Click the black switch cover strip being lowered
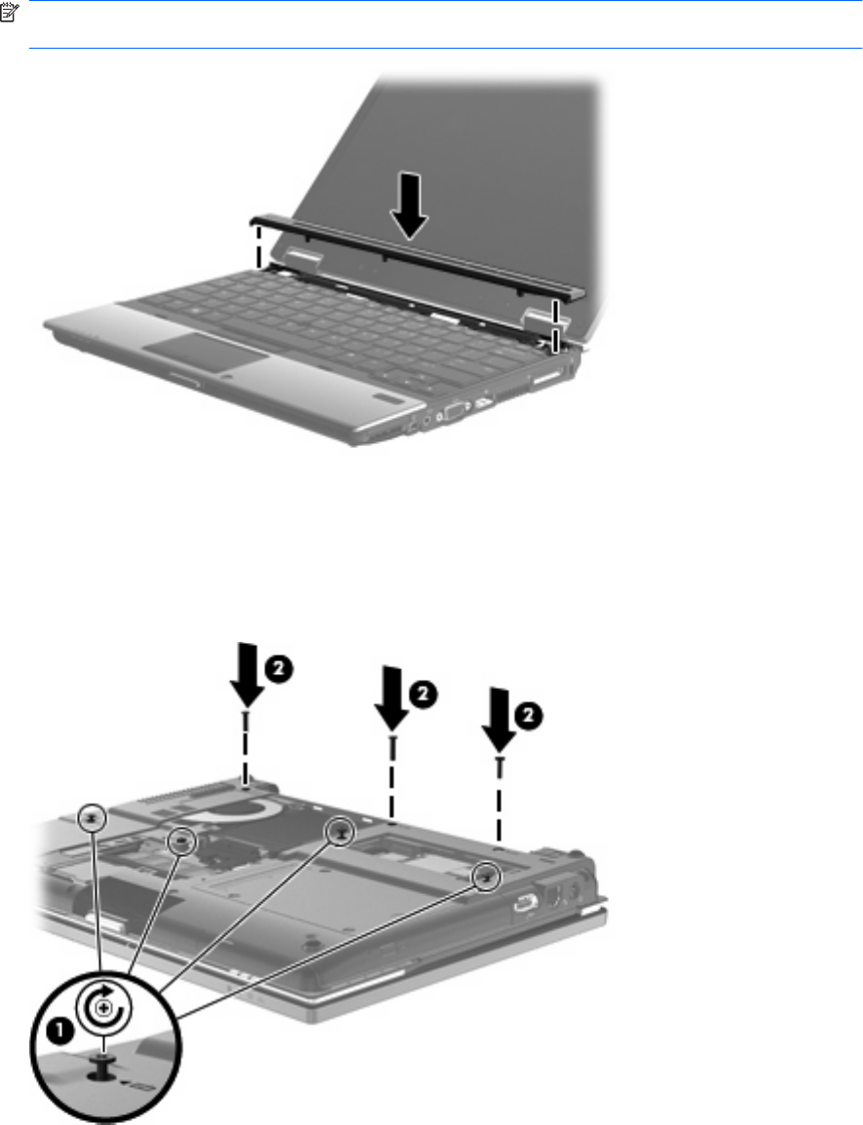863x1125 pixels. (x=417, y=255)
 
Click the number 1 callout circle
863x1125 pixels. (x=59, y=1032)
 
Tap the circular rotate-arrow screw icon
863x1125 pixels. (x=105, y=1009)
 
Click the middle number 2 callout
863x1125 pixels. (x=424, y=694)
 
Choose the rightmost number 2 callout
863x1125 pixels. (x=529, y=715)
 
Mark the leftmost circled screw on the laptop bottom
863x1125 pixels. (x=92, y=817)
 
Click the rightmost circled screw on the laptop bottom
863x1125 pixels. (x=486, y=876)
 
